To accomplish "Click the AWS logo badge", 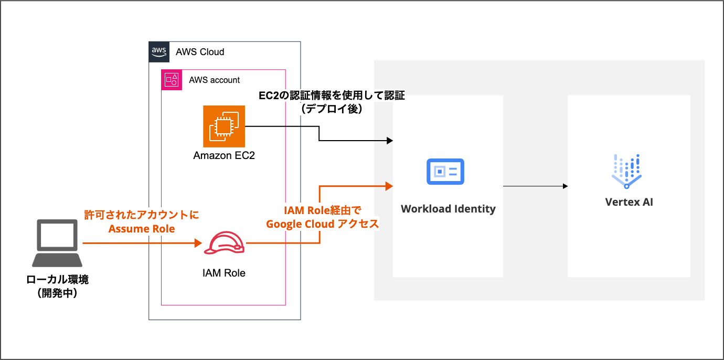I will click(159, 52).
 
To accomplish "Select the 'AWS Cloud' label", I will click(200, 52).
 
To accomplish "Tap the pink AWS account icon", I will click(172, 80).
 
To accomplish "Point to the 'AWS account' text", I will click(214, 80).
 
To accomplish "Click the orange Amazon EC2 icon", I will click(224, 126).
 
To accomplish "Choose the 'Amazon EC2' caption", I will click(224, 156).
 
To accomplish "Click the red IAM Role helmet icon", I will click(224, 243).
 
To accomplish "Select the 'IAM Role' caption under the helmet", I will click(224, 273).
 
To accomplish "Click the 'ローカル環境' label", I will click(57, 280).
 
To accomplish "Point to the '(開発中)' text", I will click(57, 293).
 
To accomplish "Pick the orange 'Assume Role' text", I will click(142, 229).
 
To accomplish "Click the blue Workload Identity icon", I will click(445, 171).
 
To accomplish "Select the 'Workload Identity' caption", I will click(448, 209).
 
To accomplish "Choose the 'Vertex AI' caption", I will click(629, 202).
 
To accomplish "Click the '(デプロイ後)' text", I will click(332, 109).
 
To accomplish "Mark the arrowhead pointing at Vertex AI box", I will click(565, 186).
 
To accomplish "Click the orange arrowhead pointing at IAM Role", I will click(198, 243).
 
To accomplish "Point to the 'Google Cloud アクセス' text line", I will click(322, 224).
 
